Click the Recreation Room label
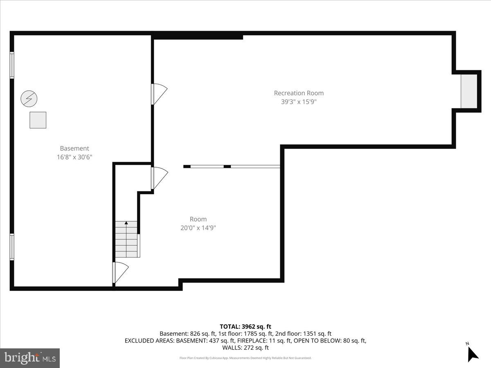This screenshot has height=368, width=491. pos(299,93)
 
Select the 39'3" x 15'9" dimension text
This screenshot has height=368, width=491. pos(299,102)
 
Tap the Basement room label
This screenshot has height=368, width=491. pos(74,148)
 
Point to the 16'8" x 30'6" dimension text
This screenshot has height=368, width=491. pos(74,157)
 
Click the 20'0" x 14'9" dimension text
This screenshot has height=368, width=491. pos(198,228)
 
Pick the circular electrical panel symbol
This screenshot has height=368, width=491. pos(29,99)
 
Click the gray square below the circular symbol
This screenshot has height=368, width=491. pos(38,120)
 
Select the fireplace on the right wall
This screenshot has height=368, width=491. pos(469,92)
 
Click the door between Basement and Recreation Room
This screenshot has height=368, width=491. pos(158,94)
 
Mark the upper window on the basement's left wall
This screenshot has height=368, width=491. pos(12,65)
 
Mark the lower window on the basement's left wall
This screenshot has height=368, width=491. pos(12,247)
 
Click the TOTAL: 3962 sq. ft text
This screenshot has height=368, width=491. pos(245,326)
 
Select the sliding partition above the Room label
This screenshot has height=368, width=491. pos(232,166)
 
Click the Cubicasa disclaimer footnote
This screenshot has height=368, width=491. pos(245,358)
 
